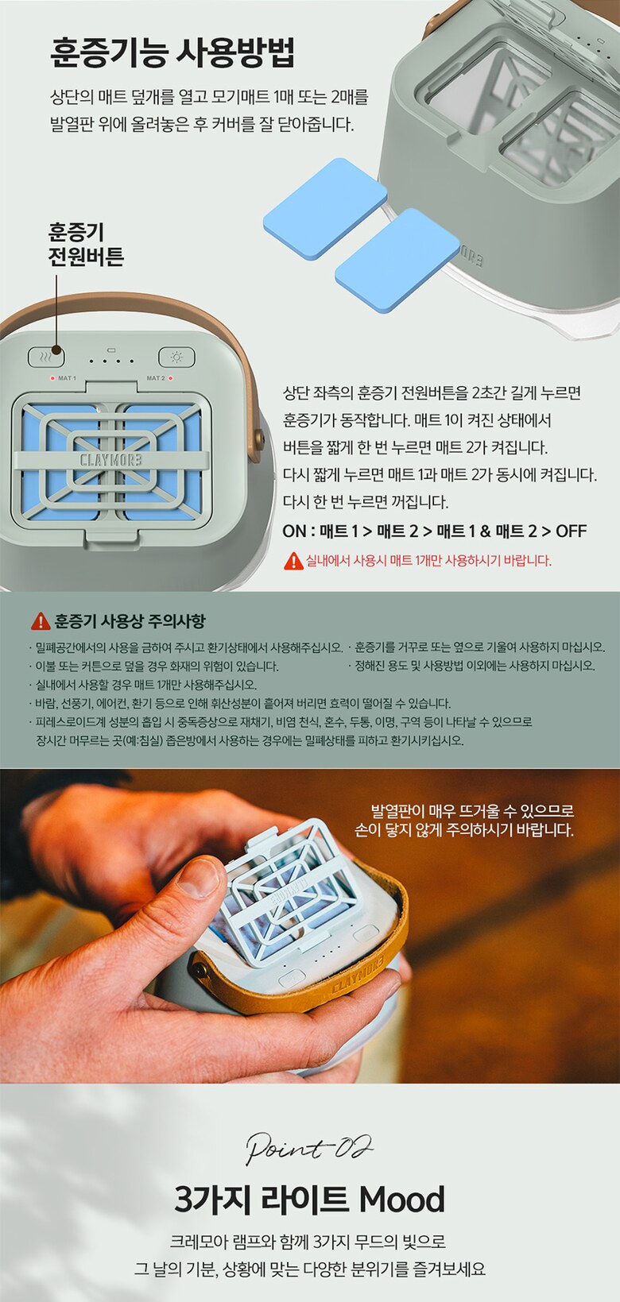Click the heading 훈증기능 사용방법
pyautogui.click(x=172, y=53)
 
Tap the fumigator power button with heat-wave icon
pyautogui.click(x=46, y=357)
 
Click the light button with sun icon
pyautogui.click(x=176, y=357)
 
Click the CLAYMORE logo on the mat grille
pyautogui.click(x=111, y=461)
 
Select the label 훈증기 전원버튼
pyautogui.click(x=86, y=244)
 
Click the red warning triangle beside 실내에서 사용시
pyautogui.click(x=293, y=561)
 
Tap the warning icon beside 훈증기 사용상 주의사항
pyautogui.click(x=41, y=621)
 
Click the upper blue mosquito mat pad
pyautogui.click(x=325, y=208)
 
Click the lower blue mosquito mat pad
pyautogui.click(x=397, y=260)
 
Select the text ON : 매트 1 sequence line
pyautogui.click(x=435, y=531)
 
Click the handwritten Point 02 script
pyautogui.click(x=309, y=1148)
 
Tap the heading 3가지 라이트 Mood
pyautogui.click(x=309, y=1199)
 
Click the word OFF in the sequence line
pyautogui.click(x=572, y=531)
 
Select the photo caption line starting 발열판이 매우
pyautogui.click(x=472, y=810)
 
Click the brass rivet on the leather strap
pyautogui.click(x=200, y=968)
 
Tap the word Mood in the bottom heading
pyautogui.click(x=402, y=1199)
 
